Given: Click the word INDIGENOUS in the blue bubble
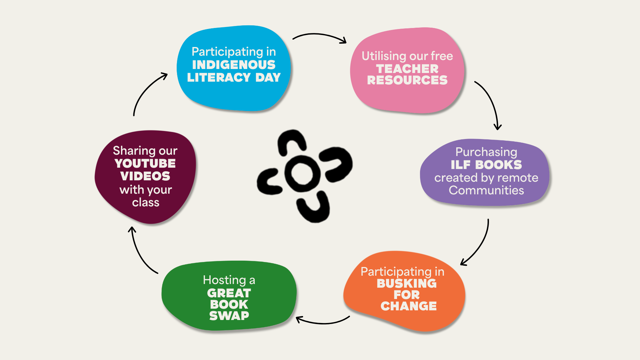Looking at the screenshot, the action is click(234, 65).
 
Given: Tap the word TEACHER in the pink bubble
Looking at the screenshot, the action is click(407, 69).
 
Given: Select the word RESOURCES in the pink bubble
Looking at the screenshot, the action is click(407, 80).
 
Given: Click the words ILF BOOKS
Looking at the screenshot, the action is click(486, 165).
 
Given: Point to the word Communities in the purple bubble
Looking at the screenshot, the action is click(486, 190).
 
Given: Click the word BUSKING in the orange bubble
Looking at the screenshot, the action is click(406, 283).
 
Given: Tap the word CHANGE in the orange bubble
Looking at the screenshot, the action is click(408, 306).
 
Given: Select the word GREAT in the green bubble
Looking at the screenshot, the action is click(229, 293).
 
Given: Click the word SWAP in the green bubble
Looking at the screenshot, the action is click(229, 315).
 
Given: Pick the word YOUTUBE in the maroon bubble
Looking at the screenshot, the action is click(145, 163).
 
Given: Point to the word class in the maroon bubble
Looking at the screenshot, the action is click(145, 202).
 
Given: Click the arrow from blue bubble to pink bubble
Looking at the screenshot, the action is click(319, 35).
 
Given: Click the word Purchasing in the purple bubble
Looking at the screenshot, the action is click(486, 152).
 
